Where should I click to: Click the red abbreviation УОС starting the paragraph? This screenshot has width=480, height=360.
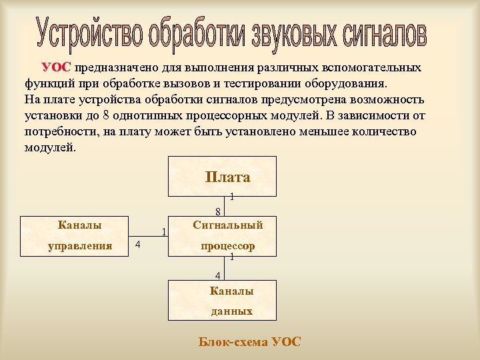pos(56,68)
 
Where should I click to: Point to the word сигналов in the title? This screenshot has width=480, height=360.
pos(384,33)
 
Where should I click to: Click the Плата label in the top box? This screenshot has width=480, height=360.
pos(227,177)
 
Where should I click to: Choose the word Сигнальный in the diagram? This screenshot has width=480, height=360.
pos(228,225)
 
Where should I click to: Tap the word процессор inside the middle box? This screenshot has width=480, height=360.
pos(228,246)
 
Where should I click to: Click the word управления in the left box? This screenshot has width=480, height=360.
pos(80,246)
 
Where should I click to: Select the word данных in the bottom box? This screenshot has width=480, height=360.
pos(231,311)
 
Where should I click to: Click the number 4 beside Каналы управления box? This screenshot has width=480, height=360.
pos(137,245)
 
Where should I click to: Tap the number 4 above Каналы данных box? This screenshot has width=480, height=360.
pos(217,276)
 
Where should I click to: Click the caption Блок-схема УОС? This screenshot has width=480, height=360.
pos(249,342)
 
